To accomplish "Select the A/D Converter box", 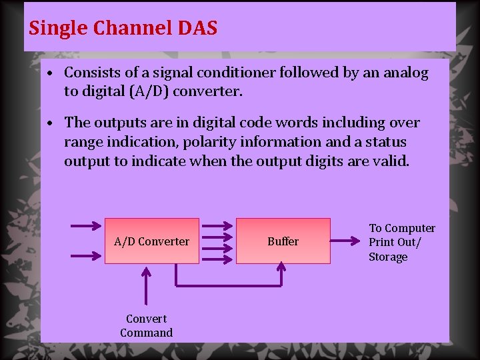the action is tap(151, 241).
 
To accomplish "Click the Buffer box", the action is tap(283, 241).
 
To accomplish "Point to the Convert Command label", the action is tap(146, 326).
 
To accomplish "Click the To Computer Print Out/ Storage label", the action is tap(401, 243).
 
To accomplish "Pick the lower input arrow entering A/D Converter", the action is tap(85, 255).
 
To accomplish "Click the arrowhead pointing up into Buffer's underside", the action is tap(281, 269).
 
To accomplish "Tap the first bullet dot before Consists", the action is tap(51, 73).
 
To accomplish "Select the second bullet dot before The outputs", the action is tap(51, 123).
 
